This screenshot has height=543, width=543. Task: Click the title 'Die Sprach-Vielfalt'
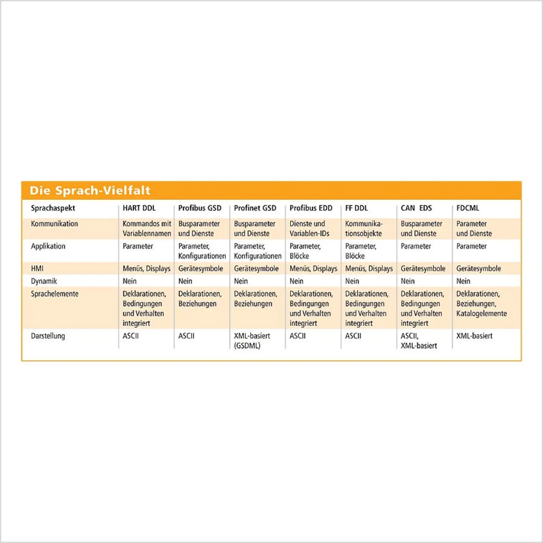click(90, 190)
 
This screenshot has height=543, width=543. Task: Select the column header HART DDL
click(139, 208)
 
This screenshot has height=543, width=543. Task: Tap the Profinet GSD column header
click(255, 208)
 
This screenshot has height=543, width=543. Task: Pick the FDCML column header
click(467, 208)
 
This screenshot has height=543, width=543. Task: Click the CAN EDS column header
click(416, 208)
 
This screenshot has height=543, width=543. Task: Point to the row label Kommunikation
click(54, 224)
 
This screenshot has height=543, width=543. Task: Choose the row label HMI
click(37, 269)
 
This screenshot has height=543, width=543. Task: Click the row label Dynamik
click(44, 281)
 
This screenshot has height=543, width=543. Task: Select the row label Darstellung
click(48, 336)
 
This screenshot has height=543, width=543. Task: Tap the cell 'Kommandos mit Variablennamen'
click(147, 229)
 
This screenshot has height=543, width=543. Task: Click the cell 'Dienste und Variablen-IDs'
click(309, 229)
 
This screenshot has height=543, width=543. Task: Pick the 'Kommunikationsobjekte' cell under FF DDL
click(364, 229)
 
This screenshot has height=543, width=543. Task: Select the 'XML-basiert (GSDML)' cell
click(252, 341)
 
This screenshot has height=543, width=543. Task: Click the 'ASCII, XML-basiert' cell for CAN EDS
click(419, 341)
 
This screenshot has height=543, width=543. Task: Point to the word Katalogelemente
click(481, 313)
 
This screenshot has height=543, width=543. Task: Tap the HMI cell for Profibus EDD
click(313, 269)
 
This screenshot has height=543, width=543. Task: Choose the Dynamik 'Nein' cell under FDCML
click(463, 281)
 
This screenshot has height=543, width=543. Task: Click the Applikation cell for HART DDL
click(138, 246)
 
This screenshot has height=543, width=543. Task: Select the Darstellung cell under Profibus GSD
click(186, 336)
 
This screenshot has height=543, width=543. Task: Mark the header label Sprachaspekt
click(53, 208)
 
